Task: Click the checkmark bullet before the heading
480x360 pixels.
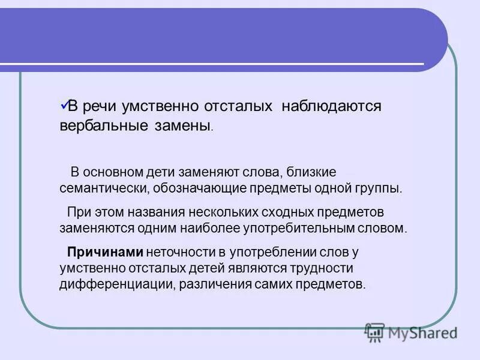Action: (65, 104)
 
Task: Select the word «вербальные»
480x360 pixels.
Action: (98, 127)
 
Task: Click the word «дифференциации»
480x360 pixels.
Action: (117, 284)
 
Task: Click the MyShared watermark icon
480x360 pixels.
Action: (374, 332)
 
